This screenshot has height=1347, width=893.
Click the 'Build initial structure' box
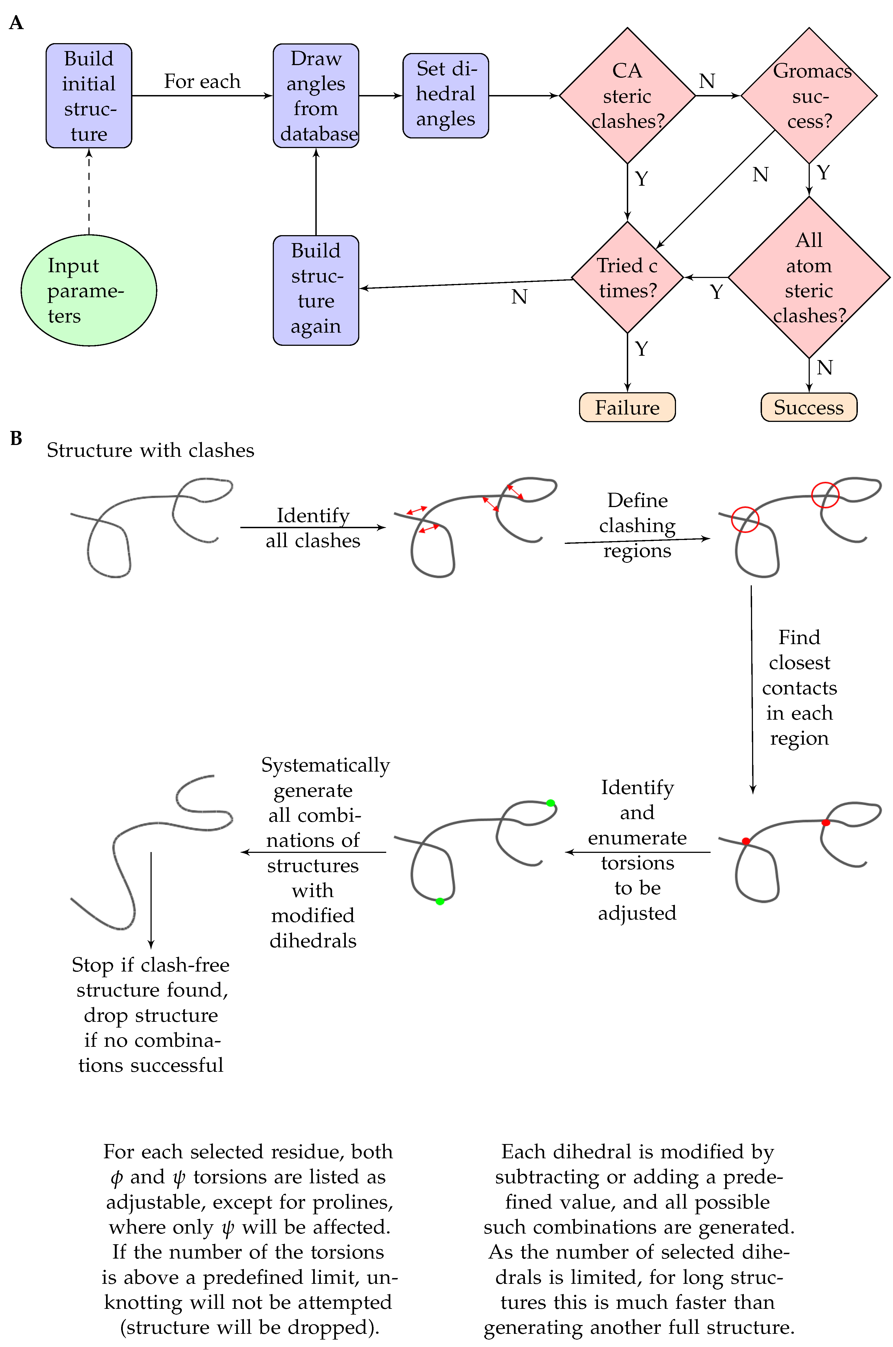click(x=89, y=96)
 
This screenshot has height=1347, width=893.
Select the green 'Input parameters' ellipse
click(x=89, y=290)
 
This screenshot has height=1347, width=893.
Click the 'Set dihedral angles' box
click(x=445, y=96)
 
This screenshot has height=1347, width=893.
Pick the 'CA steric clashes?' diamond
click(x=627, y=96)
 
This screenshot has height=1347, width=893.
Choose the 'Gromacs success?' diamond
click(x=809, y=96)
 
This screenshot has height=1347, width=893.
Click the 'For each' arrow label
click(x=202, y=81)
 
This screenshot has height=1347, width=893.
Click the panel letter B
click(x=16, y=438)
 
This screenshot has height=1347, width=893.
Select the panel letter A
click(x=16, y=23)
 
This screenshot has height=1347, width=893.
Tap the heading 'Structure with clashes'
click(x=150, y=450)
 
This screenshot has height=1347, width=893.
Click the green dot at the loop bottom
click(x=440, y=901)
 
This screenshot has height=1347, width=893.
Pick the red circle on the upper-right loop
click(x=825, y=495)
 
